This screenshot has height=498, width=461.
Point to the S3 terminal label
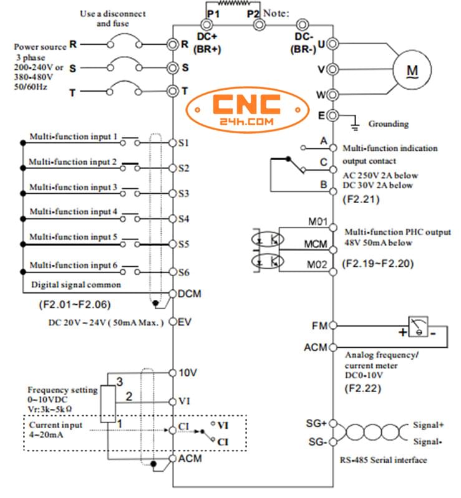[x=183, y=194]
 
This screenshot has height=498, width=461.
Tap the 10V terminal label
[x=188, y=373]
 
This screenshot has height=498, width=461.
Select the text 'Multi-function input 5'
[x=74, y=237]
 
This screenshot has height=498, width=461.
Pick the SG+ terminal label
[x=316, y=424]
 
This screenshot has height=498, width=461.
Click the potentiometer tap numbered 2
[x=129, y=396]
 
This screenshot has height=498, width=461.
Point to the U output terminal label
[x=321, y=44]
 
